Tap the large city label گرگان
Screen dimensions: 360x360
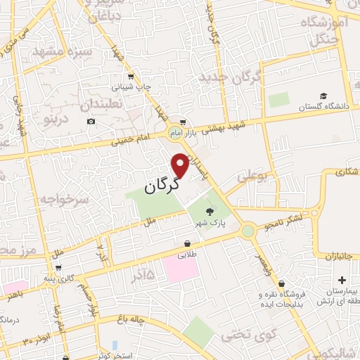[x=162, y=186]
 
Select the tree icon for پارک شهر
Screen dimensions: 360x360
[x=208, y=211]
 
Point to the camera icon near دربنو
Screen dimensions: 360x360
[x=91, y=122]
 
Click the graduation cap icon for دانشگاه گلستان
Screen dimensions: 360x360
[x=323, y=96]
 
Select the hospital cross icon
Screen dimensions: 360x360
[x=342, y=280]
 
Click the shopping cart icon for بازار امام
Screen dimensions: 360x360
[x=182, y=122]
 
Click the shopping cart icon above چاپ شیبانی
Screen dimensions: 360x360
[x=131, y=77]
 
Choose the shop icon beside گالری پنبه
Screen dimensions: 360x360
[x=58, y=267]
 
